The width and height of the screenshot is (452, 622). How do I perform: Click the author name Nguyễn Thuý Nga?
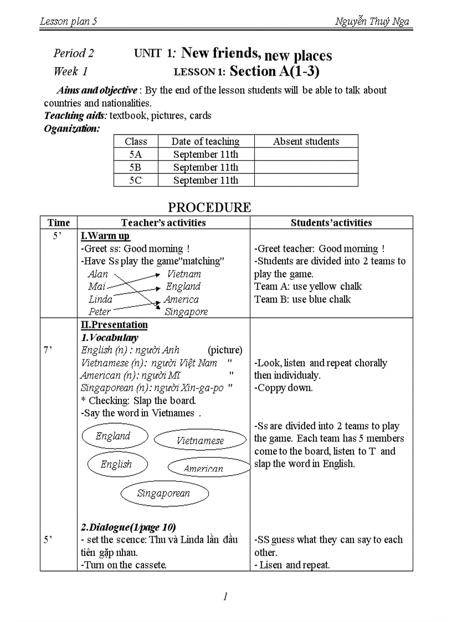click(x=372, y=22)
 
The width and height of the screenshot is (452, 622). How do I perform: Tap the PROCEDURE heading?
click(x=209, y=207)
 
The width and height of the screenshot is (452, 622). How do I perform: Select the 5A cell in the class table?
click(x=136, y=155)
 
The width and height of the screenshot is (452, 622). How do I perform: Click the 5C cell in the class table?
click(x=136, y=180)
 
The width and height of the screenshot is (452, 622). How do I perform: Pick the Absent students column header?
click(x=306, y=141)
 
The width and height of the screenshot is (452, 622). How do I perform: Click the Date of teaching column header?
click(x=206, y=141)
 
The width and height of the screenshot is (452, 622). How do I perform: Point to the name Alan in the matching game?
click(x=98, y=274)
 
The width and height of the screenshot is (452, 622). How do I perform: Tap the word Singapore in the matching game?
click(x=186, y=312)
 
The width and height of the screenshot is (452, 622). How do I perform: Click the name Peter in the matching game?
click(x=100, y=312)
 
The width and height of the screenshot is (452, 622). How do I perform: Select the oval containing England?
click(x=115, y=436)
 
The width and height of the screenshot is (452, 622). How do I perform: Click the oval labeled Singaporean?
click(x=164, y=494)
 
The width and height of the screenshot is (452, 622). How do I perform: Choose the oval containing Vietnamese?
click(x=200, y=440)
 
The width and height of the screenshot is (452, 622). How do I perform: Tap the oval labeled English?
click(x=116, y=464)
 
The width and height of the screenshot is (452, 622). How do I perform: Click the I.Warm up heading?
click(x=105, y=236)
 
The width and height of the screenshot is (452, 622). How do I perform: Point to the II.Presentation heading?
click(x=114, y=325)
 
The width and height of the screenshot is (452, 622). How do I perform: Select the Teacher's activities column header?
click(x=163, y=223)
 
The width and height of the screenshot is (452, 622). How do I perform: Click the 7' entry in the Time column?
click(x=48, y=350)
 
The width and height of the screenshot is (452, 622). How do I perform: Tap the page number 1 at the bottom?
click(x=225, y=597)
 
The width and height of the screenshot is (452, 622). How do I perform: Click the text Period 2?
click(x=74, y=53)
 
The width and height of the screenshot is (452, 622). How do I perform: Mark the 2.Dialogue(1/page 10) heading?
click(x=129, y=527)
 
